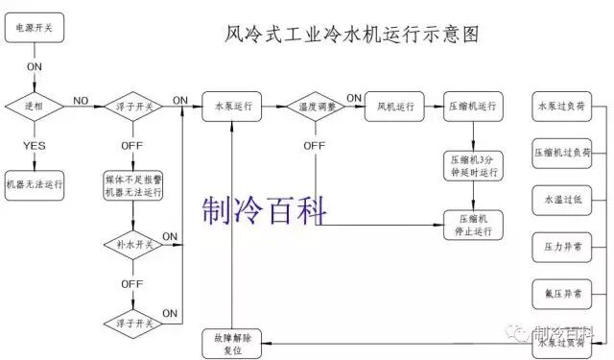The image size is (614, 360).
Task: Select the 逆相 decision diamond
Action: (35, 106)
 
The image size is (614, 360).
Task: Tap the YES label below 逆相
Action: (35, 145)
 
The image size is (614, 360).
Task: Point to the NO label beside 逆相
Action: (81, 100)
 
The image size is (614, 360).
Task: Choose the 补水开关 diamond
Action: (132, 244)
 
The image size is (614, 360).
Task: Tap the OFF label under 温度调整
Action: (315, 145)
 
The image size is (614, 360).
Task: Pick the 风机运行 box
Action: (394, 106)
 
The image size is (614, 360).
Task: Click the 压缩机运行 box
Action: (473, 106)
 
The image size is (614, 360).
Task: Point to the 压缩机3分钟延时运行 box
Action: (473, 165)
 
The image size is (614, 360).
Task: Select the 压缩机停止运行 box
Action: (473, 225)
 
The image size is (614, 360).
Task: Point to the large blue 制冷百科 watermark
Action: (265, 208)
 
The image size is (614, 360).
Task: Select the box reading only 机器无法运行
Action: (35, 185)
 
